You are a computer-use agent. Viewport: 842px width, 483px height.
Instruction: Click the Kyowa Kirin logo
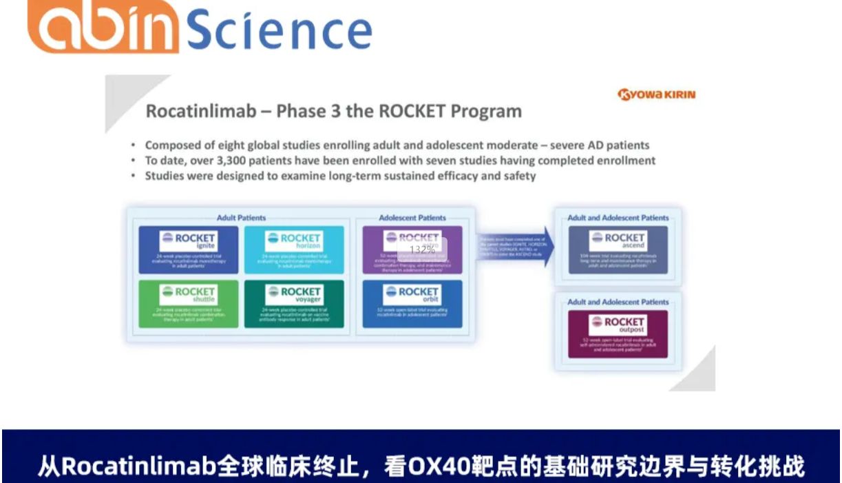(x=657, y=94)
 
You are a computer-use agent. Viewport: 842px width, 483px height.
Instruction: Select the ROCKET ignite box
(x=189, y=249)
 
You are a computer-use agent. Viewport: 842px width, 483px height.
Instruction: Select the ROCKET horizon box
(x=294, y=249)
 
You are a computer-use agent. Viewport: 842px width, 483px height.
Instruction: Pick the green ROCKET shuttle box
(x=189, y=303)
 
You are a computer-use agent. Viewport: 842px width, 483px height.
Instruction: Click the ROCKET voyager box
(x=294, y=303)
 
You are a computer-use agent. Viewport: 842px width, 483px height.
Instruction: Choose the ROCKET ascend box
(x=618, y=249)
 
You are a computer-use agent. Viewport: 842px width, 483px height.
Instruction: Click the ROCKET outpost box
(x=618, y=333)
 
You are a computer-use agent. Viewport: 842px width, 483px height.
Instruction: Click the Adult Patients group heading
(x=241, y=218)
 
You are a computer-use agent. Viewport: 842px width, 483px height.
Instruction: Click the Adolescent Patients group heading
(x=412, y=218)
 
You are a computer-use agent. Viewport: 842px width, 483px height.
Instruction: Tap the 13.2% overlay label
(x=423, y=249)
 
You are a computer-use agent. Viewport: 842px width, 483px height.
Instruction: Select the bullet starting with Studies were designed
(x=340, y=176)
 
